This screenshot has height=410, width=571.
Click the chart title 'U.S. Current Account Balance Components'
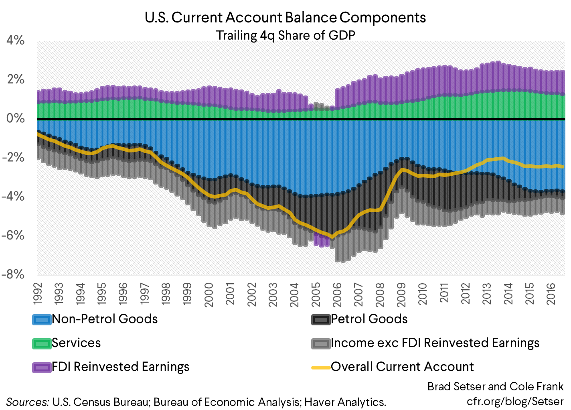pos(285,18)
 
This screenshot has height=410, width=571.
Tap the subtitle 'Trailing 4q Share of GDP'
pos(285,35)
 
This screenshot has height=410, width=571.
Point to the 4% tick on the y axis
pos(15,40)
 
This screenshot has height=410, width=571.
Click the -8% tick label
pos(13,274)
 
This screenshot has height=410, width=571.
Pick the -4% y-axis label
pos(13,197)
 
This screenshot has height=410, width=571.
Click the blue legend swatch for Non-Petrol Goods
pos(42,319)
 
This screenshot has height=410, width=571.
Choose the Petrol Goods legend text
pos(369,319)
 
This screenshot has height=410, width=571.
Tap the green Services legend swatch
pos(42,343)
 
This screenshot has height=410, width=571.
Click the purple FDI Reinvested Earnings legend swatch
pos(42,367)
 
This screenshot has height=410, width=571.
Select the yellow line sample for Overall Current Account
pos(321,367)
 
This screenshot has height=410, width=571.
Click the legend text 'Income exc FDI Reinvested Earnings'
pos(435,343)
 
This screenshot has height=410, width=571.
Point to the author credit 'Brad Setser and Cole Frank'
pos(495,386)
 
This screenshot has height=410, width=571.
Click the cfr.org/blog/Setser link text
pos(515,401)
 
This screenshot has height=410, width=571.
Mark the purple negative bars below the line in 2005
pos(321,241)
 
